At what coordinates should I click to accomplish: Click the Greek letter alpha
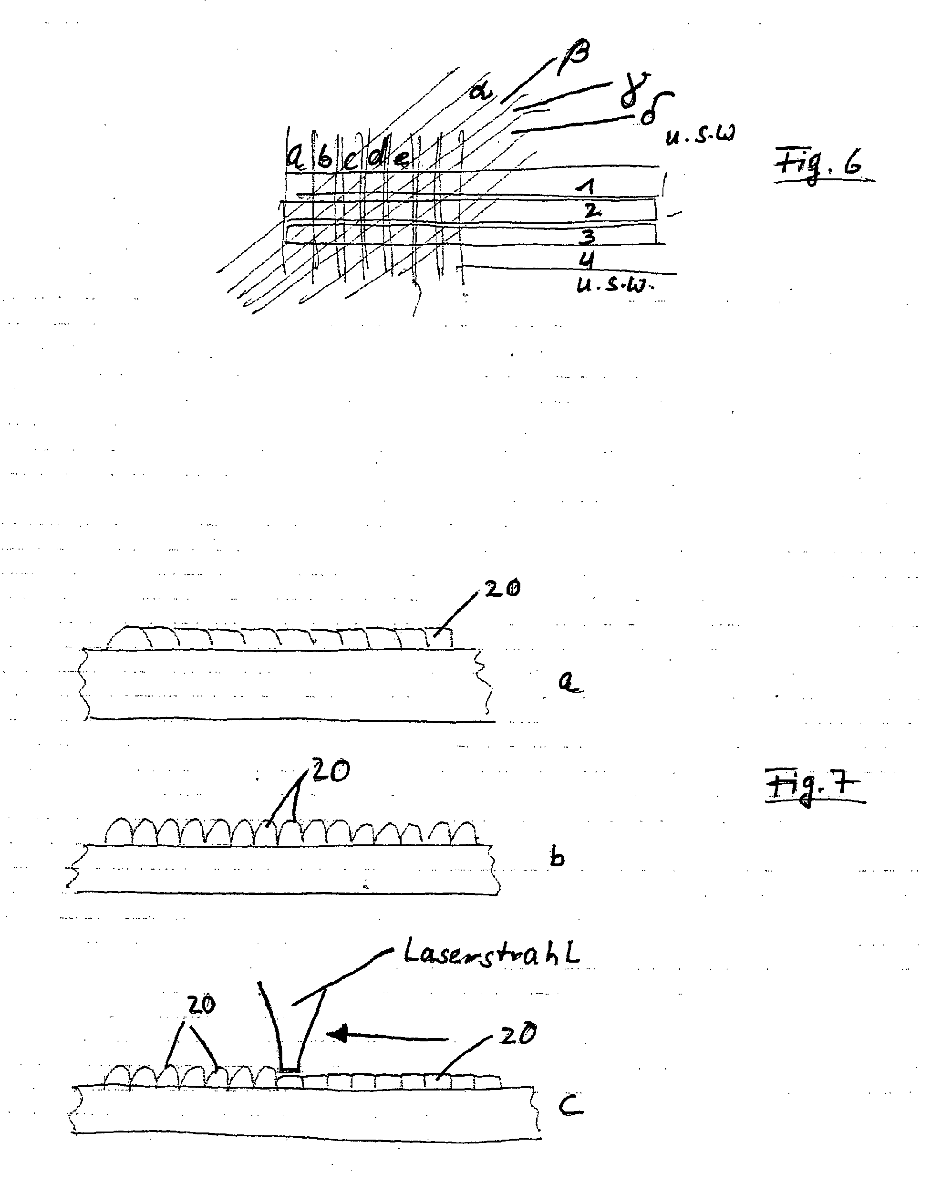[481, 91]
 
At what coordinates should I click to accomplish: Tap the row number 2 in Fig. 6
[591, 210]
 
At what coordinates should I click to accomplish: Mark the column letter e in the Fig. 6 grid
[402, 158]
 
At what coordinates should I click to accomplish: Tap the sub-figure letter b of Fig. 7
[557, 858]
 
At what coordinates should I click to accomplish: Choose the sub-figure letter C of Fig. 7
[570, 1107]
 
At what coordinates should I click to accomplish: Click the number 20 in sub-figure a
[501, 588]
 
